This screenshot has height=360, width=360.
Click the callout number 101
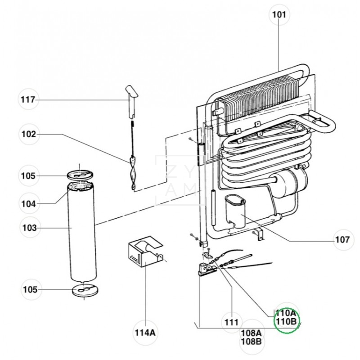tap(279, 15)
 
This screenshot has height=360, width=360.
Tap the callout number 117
tap(28, 99)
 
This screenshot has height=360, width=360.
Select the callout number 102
tap(29, 134)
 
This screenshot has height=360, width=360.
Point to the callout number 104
tap(29, 204)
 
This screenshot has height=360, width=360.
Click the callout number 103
tap(30, 228)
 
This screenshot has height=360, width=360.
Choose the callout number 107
tap(342, 240)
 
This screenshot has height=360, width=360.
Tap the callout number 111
tap(232, 322)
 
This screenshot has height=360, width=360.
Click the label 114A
tap(145, 333)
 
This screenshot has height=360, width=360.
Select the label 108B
tap(251, 342)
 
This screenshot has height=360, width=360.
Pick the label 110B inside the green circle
tap(287, 321)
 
